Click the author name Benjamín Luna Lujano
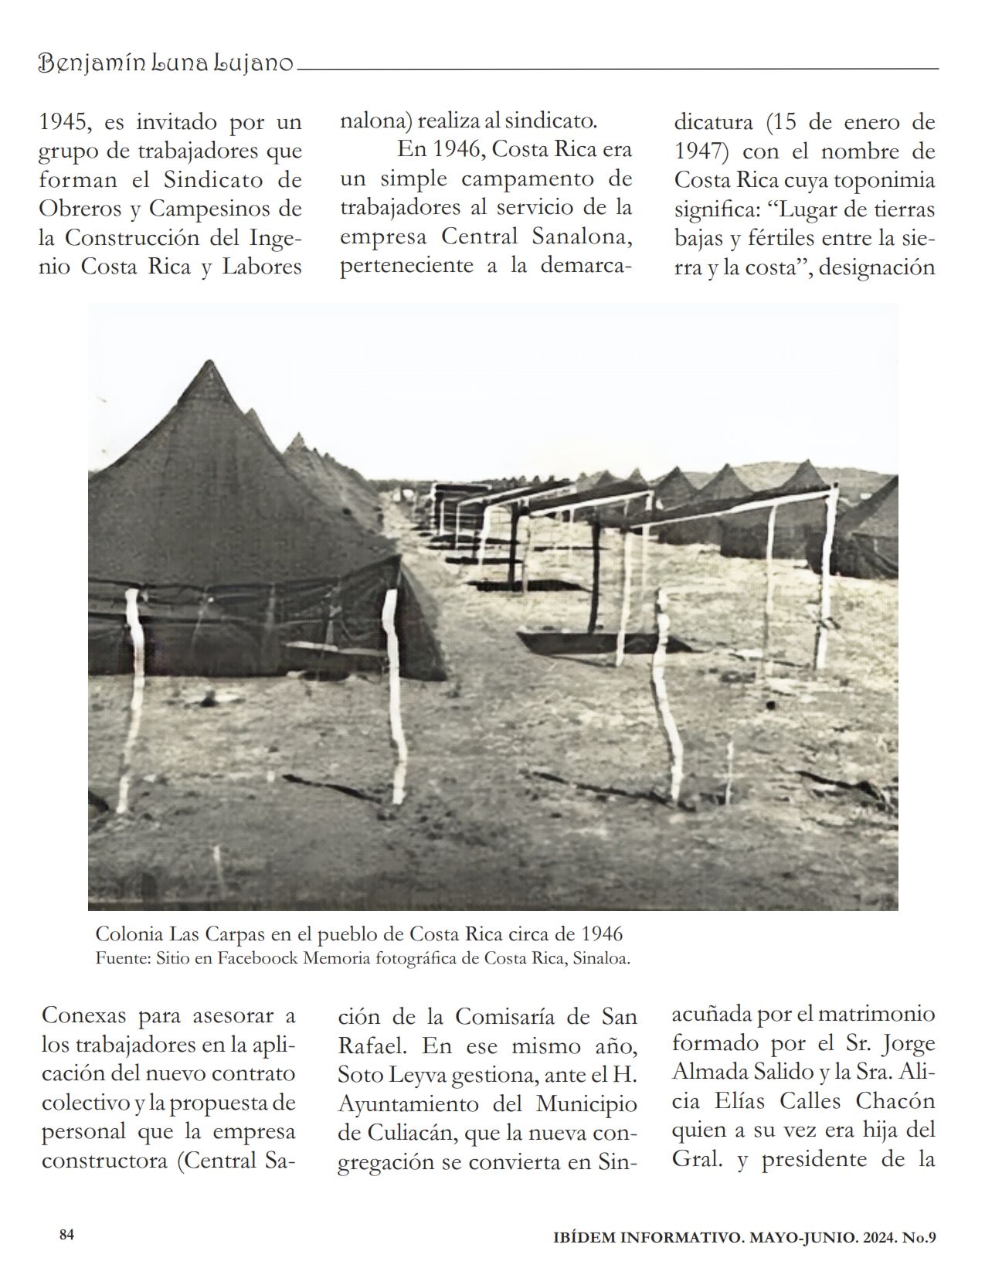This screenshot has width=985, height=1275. click(166, 64)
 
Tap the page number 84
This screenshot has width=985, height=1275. click(66, 1235)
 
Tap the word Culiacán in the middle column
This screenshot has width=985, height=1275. click(401, 1134)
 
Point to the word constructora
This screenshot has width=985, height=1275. click(104, 1161)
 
